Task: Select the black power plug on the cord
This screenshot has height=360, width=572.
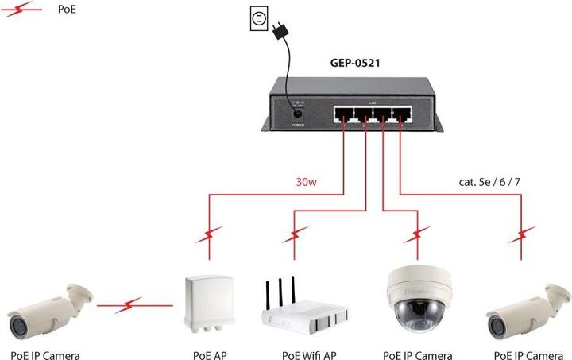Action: click(x=279, y=31)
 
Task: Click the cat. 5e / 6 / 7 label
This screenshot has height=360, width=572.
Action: click(x=489, y=182)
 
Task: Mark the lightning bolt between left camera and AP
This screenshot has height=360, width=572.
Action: click(x=132, y=304)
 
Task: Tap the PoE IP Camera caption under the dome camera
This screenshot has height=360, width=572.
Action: click(x=417, y=354)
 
